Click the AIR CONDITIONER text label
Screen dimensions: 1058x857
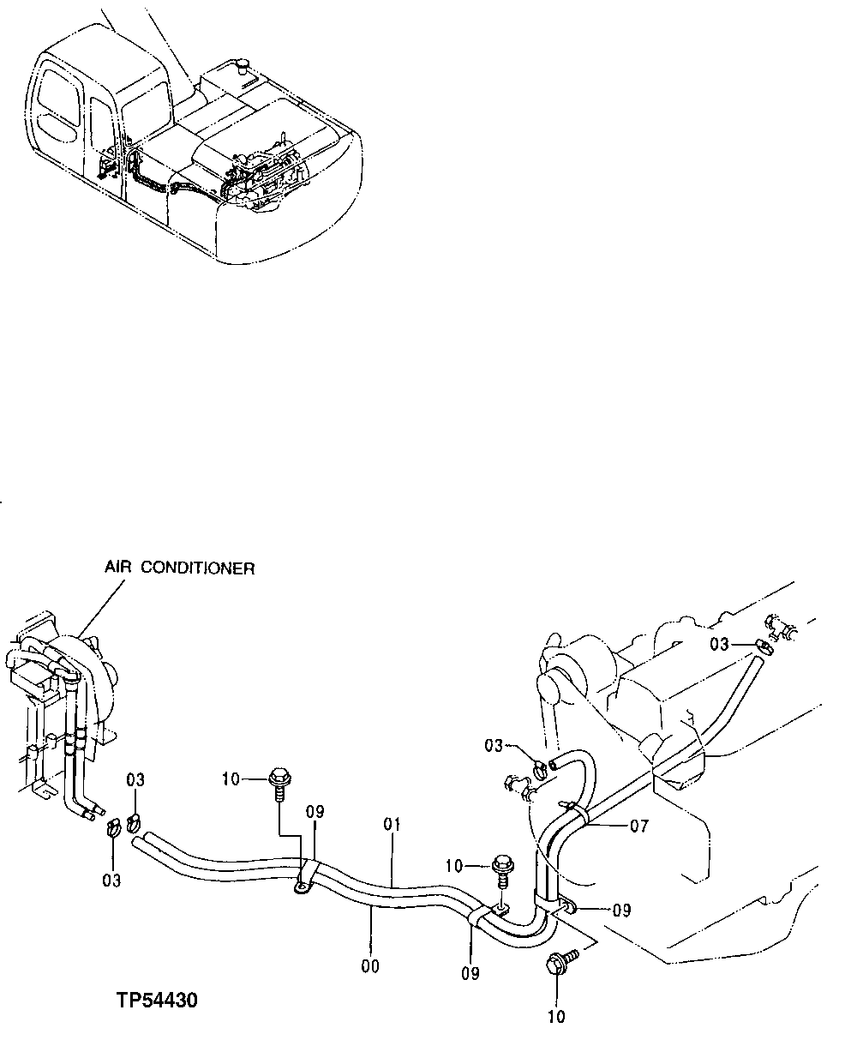pyautogui.click(x=179, y=568)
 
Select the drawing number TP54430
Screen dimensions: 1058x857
pyautogui.click(x=157, y=1000)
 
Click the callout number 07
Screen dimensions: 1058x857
pyautogui.click(x=638, y=827)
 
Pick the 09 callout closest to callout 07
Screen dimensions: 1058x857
pyautogui.click(x=621, y=909)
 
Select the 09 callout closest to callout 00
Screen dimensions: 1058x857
pyautogui.click(x=470, y=973)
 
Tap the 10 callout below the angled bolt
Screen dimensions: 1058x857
pyautogui.click(x=556, y=1017)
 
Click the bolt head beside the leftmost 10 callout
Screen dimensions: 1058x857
pyautogui.click(x=278, y=779)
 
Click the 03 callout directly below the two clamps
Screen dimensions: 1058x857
pyautogui.click(x=111, y=880)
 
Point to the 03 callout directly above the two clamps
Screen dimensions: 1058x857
pyautogui.click(x=135, y=779)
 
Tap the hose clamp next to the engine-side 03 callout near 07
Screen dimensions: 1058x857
pyautogui.click(x=539, y=769)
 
